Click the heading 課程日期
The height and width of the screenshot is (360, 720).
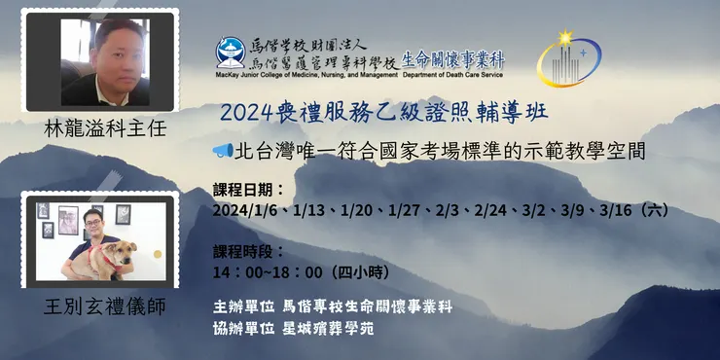245,188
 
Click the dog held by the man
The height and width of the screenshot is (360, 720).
110,258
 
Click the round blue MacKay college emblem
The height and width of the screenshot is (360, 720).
232,53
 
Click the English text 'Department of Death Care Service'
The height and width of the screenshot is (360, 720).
451,74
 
